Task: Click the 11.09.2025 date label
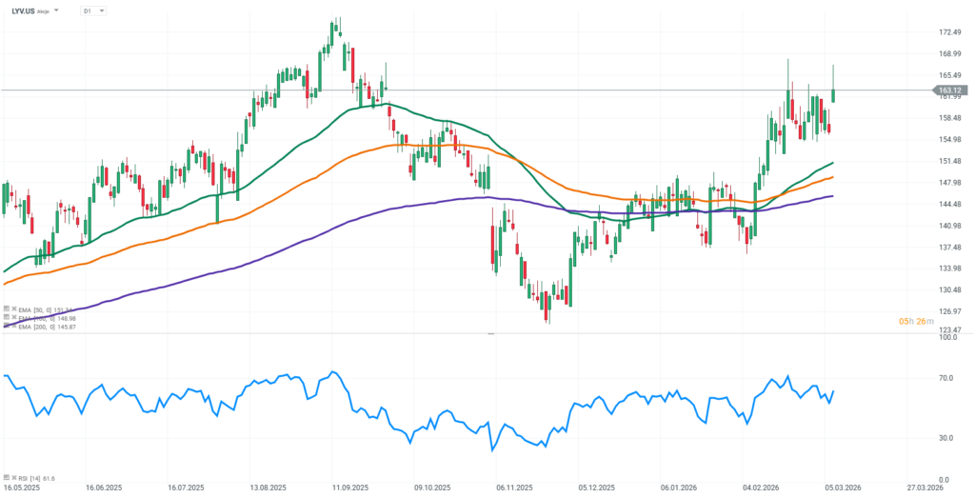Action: pos(350,486)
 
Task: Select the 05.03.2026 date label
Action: pos(842,486)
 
